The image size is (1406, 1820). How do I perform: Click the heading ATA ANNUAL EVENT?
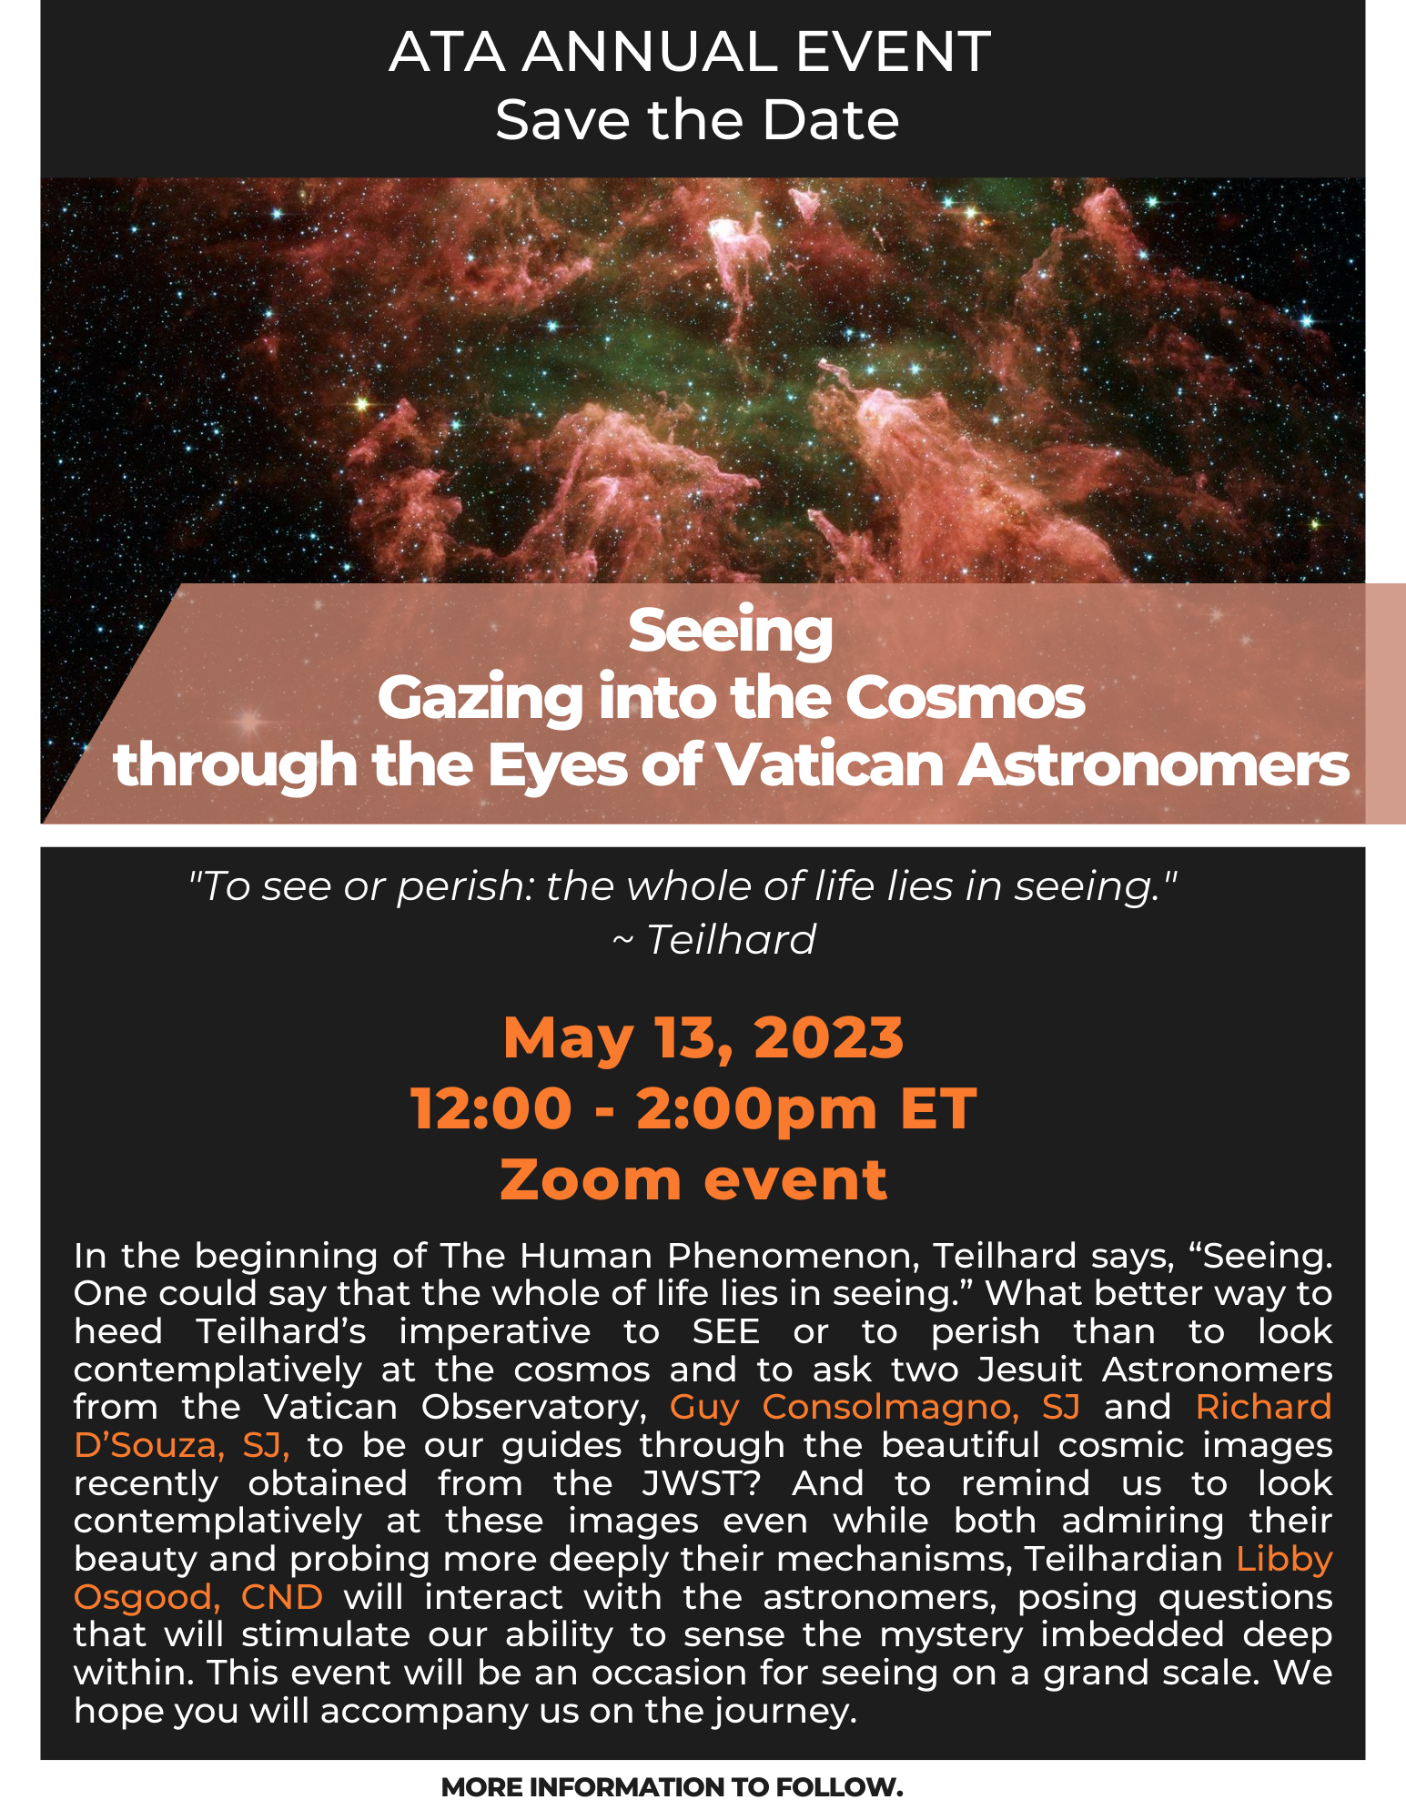690,52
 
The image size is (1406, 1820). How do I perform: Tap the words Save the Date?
697,120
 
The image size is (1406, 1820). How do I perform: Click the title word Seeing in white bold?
730,631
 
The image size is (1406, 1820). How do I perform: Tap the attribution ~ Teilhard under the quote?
713,939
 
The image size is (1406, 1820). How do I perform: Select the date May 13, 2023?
703,1037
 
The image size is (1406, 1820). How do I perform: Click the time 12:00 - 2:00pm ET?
693,1108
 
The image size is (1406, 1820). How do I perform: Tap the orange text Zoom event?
693,1179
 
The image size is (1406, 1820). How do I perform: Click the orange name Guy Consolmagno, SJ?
875,1408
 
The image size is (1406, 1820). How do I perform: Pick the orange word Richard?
1264,1407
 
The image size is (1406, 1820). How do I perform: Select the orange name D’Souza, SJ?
182,1445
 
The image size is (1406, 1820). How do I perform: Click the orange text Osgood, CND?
198,1597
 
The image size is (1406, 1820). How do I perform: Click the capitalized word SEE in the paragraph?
725,1331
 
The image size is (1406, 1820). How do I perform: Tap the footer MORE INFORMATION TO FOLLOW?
672,1787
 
